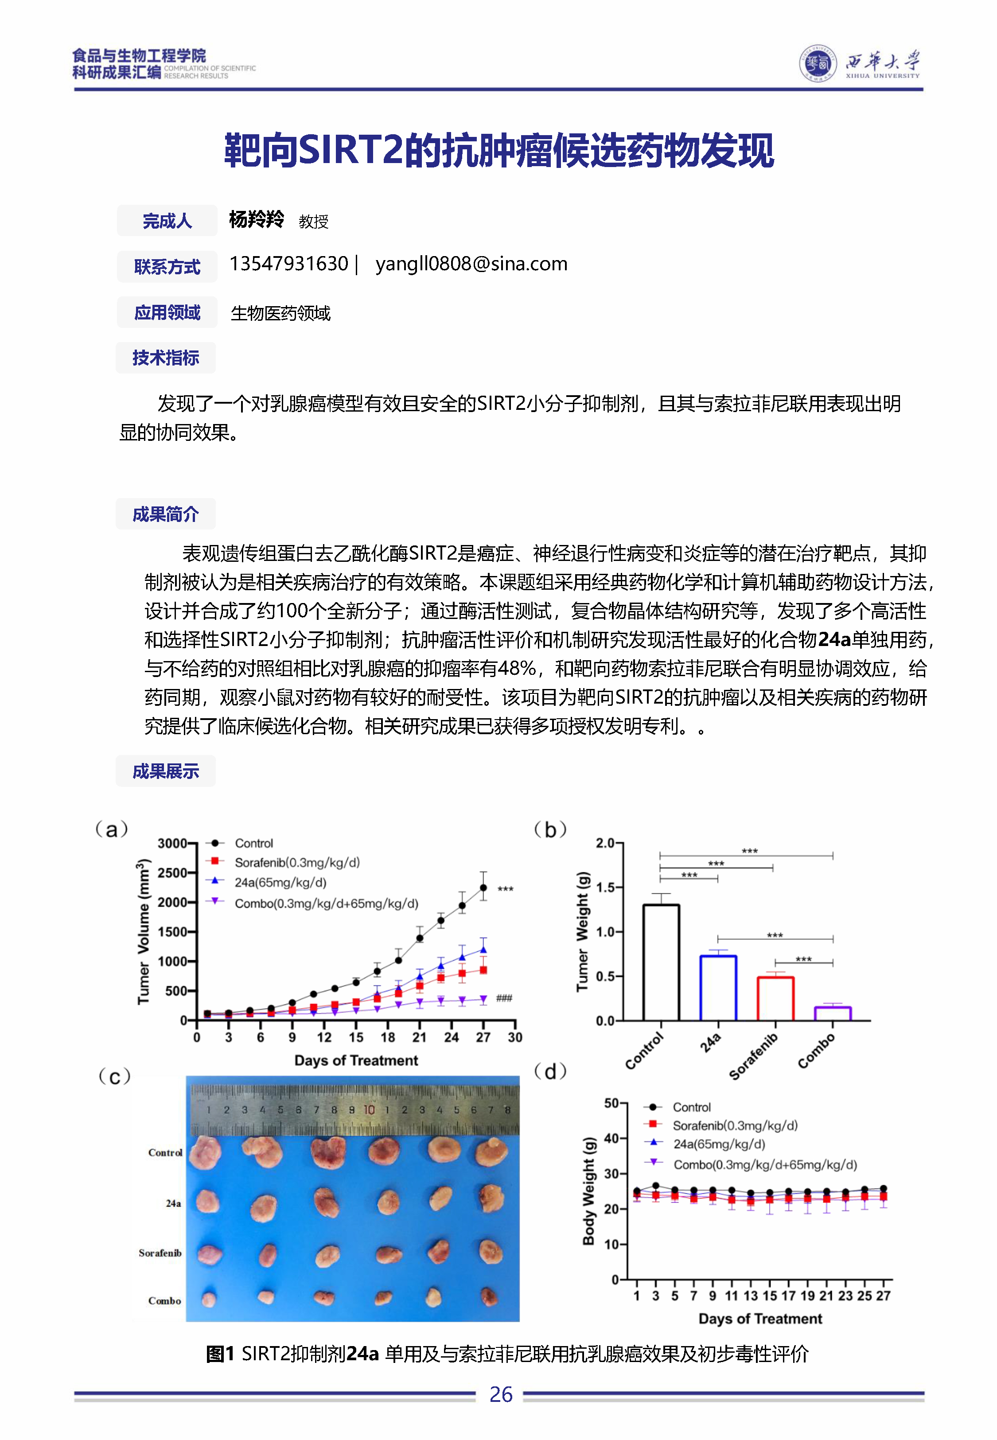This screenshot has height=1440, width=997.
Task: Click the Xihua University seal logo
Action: [818, 63]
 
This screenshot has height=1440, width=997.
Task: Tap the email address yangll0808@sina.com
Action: [471, 264]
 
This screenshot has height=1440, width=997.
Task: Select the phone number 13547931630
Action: [288, 264]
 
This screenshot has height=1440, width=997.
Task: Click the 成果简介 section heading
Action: [166, 514]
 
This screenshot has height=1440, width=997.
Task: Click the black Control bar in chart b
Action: [661, 962]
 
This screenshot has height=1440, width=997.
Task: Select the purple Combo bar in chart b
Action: [833, 1013]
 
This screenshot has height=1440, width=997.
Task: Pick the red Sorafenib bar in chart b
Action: [775, 998]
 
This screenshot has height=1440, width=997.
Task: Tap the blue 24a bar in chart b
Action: [718, 988]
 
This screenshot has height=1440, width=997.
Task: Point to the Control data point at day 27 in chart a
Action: [483, 887]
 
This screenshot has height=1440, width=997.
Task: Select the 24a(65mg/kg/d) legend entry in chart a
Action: [280, 882]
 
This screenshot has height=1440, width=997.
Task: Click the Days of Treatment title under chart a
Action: [356, 1060]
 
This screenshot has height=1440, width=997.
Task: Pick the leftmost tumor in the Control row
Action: [205, 1153]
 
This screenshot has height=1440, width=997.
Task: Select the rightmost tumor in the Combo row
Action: [488, 1296]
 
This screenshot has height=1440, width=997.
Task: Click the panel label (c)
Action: [115, 1077]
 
